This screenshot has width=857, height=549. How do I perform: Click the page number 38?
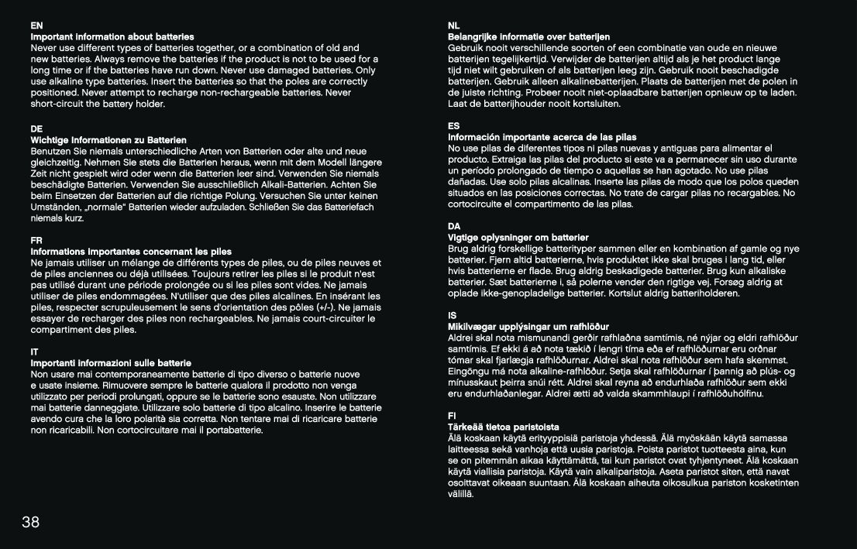pyautogui.click(x=30, y=522)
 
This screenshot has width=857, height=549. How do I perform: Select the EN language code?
pyautogui.click(x=36, y=26)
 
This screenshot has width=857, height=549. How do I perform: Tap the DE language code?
pyautogui.click(x=36, y=129)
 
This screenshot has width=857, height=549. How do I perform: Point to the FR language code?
pyautogui.click(x=36, y=240)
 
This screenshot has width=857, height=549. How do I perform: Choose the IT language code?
pyautogui.click(x=34, y=352)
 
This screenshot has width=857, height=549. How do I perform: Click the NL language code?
pyautogui.click(x=454, y=26)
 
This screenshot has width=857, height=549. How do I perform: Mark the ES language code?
pyautogui.click(x=454, y=125)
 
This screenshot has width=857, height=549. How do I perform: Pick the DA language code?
pyautogui.click(x=454, y=226)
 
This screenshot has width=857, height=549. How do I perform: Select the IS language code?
pyautogui.click(x=453, y=315)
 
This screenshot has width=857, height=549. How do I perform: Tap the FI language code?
pyautogui.click(x=453, y=416)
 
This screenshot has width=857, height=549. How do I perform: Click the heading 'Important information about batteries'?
pyautogui.click(x=112, y=36)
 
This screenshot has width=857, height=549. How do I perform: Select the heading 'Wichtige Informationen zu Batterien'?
pyautogui.click(x=108, y=139)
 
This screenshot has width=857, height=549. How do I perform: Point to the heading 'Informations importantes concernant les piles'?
pyautogui.click(x=131, y=252)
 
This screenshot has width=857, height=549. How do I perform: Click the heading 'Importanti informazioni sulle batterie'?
pyautogui.click(x=111, y=362)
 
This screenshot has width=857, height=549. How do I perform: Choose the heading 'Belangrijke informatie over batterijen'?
pyautogui.click(x=529, y=36)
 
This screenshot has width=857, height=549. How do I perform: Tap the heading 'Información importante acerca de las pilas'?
pyautogui.click(x=542, y=137)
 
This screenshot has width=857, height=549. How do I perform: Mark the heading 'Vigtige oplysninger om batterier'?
pyautogui.click(x=518, y=237)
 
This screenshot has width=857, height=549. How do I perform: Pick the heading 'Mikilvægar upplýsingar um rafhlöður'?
pyautogui.click(x=528, y=327)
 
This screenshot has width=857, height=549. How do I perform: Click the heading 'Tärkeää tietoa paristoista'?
pyautogui.click(x=504, y=427)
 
